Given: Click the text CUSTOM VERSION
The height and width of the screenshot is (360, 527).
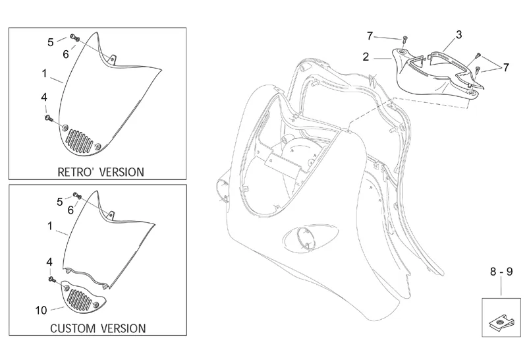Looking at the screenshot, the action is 98,328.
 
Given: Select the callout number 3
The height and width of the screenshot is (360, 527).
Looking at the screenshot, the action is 458,34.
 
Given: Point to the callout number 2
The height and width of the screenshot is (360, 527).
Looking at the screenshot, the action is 365,57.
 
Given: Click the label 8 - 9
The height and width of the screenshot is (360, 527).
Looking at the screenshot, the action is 501,271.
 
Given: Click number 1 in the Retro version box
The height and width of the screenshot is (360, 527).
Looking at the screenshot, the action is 43,72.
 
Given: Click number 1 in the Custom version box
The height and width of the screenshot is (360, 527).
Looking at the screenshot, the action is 49,226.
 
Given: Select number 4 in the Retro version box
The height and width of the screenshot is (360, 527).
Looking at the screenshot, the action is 44,98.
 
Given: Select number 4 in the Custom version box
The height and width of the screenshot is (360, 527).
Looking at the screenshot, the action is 49,262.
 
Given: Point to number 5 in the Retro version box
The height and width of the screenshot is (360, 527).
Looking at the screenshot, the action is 51,42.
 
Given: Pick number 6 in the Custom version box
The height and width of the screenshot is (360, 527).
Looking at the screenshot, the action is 70,210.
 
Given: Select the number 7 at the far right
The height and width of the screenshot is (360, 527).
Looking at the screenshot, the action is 505,67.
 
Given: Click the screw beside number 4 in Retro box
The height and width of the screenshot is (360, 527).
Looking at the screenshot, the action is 49,118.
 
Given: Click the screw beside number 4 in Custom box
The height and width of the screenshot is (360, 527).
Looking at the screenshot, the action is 51,280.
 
